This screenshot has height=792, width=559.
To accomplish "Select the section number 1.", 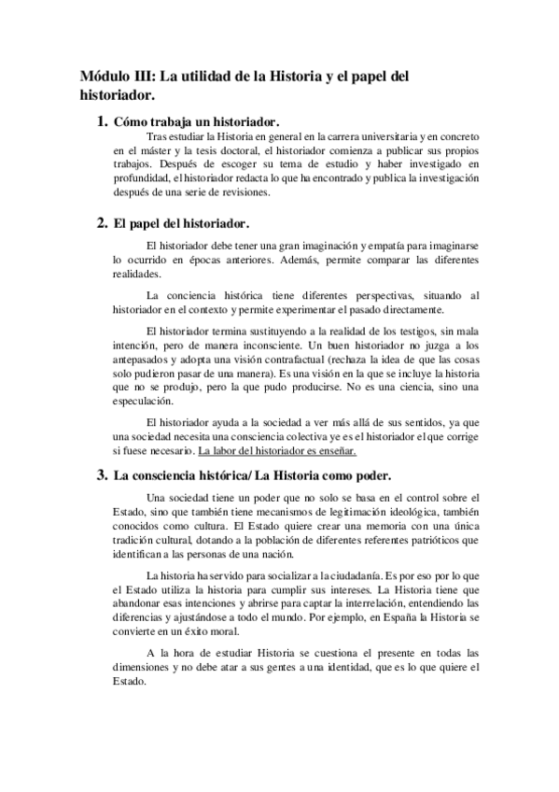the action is pos(103,122).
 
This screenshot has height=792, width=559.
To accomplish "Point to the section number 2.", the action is pos(103,223).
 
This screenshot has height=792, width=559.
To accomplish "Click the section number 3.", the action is pos(103,474).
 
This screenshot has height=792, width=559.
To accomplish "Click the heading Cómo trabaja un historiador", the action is pos(197,123).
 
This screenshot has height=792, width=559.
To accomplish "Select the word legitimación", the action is pos(360,512).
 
